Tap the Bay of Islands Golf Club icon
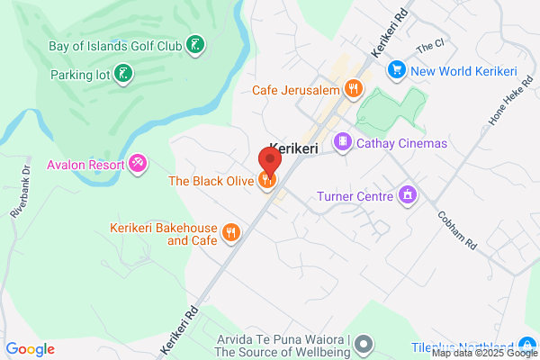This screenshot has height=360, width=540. tap(194, 44)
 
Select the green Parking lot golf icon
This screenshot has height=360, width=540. tap(124, 74)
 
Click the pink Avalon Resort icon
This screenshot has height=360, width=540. tap(138, 163)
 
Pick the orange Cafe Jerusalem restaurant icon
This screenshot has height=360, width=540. tap(354, 88)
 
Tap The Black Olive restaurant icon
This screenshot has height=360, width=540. tap(266, 181)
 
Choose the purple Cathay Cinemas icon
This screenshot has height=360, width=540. tap(342, 142)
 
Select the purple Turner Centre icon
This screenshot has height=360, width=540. tap(408, 195)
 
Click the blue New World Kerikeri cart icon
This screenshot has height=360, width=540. tap(395, 69)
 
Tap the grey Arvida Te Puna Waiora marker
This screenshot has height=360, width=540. tap(364, 343)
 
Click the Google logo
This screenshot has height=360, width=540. tap(30, 349)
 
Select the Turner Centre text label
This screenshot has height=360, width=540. tap(355, 195)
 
